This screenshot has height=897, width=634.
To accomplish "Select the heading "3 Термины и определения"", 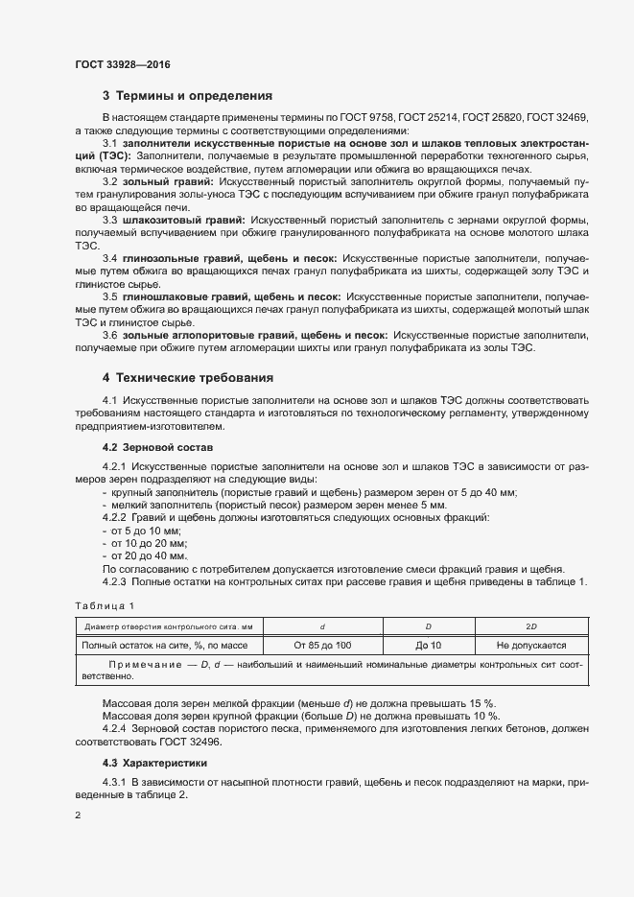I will [187, 96].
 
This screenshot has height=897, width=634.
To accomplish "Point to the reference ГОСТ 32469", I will [558, 116].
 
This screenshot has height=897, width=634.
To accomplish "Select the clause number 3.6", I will [109, 336].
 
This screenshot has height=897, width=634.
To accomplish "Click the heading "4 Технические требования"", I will [188, 378].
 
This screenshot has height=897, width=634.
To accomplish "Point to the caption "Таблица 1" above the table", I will [105, 604].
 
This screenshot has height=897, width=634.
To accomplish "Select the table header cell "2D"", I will [531, 625].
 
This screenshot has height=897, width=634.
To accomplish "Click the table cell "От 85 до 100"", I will [309, 646].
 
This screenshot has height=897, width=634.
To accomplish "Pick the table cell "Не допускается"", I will [531, 646].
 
